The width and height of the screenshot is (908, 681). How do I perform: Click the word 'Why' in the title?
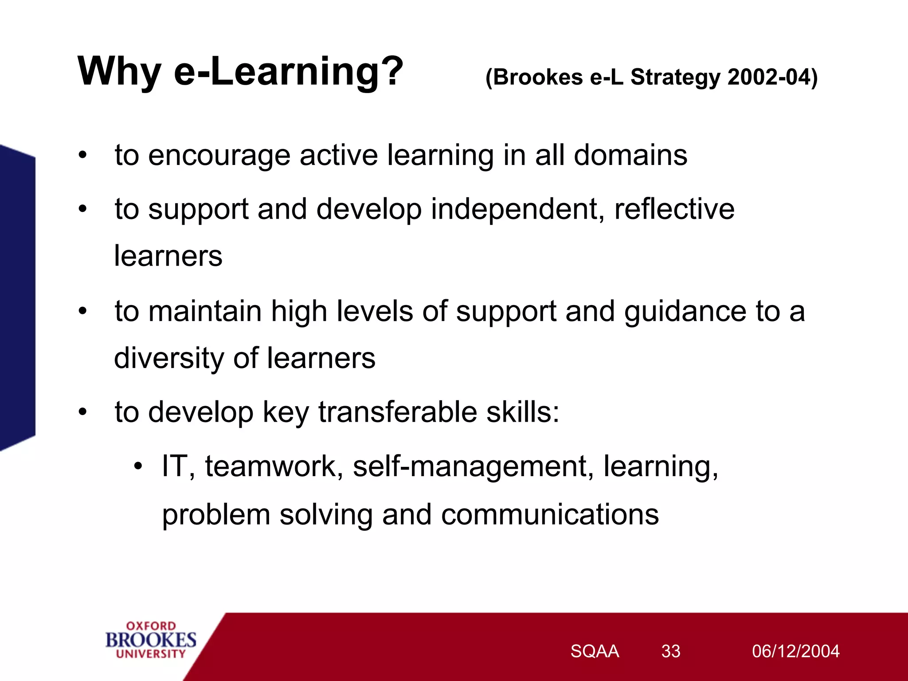(x=119, y=72)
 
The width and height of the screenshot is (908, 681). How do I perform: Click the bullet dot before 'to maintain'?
(x=83, y=311)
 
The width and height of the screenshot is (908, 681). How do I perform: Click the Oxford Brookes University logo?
(x=151, y=640)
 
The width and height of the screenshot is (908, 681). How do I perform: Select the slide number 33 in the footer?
(x=670, y=651)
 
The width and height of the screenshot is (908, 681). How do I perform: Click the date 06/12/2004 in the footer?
(x=795, y=651)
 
